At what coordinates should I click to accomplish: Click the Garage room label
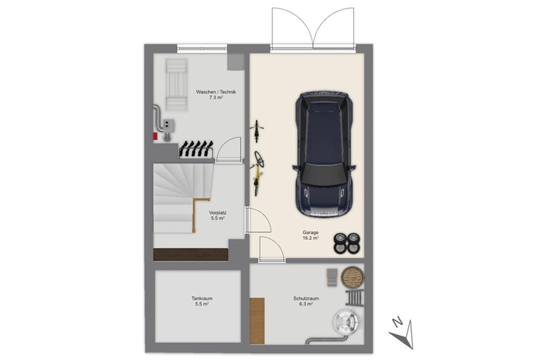(310, 233)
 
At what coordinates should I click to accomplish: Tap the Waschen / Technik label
(216, 92)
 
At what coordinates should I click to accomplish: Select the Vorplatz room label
(218, 213)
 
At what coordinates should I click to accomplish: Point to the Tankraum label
(202, 298)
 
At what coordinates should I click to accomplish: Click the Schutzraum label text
(306, 298)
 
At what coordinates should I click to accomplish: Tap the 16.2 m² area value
(310, 238)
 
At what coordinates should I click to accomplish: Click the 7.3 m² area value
(216, 98)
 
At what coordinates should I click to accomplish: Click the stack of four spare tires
(347, 243)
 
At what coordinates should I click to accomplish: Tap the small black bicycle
(257, 131)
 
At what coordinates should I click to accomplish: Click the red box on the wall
(155, 136)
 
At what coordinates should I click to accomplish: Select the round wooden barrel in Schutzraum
(352, 278)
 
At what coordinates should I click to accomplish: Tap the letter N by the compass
(397, 322)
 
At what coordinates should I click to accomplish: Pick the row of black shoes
(196, 149)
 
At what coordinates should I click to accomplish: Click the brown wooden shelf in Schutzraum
(257, 321)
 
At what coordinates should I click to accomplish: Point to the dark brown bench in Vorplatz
(191, 255)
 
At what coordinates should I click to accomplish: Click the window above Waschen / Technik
(202, 49)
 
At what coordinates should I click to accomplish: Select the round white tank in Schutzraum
(346, 322)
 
